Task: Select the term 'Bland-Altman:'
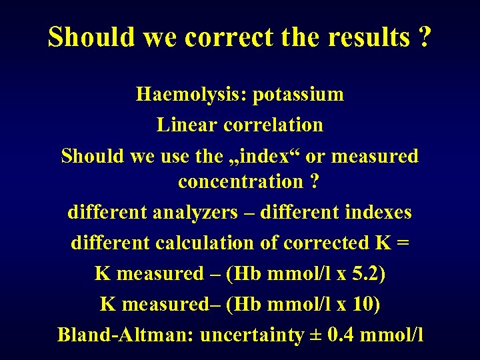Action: coord(126,335)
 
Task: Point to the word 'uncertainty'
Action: coord(251,335)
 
